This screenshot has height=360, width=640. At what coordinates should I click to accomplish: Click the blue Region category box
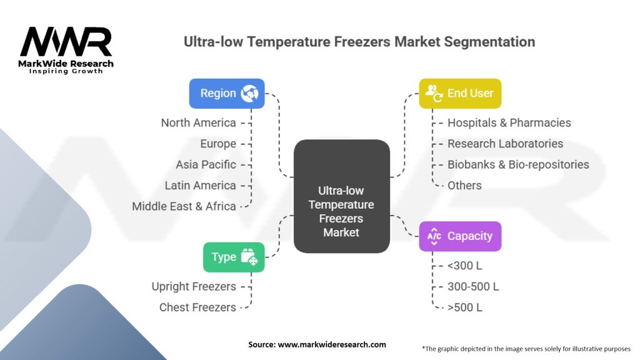pyautogui.click(x=226, y=94)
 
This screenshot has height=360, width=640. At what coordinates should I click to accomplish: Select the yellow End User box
pyautogui.click(x=460, y=94)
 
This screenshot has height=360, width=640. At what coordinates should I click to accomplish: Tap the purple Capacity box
pyautogui.click(x=460, y=236)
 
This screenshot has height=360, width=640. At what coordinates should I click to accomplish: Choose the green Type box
pyautogui.click(x=234, y=257)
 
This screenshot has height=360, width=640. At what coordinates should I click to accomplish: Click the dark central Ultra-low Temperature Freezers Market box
pyautogui.click(x=342, y=196)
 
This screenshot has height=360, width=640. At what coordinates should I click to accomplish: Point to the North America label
pyautogui.click(x=198, y=123)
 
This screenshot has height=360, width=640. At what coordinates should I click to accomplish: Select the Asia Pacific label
pyautogui.click(x=206, y=164)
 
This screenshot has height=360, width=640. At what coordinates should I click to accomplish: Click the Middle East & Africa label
pyautogui.click(x=184, y=206)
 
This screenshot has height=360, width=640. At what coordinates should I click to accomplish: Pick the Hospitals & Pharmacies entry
pyautogui.click(x=509, y=123)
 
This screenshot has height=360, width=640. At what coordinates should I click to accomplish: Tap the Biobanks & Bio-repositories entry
pyautogui.click(x=518, y=164)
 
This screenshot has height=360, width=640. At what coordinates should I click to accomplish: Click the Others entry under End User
pyautogui.click(x=464, y=186)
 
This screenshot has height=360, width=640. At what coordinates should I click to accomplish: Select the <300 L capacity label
pyautogui.click(x=464, y=266)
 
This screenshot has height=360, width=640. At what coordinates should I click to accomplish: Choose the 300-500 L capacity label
pyautogui.click(x=473, y=286)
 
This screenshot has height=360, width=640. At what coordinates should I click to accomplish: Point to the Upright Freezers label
pyautogui.click(x=194, y=286)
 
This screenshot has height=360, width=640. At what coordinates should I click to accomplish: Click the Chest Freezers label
pyautogui.click(x=197, y=307)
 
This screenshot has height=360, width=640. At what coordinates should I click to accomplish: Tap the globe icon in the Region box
pyautogui.click(x=249, y=94)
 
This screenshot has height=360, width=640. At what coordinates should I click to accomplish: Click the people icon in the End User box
pyautogui.click(x=434, y=94)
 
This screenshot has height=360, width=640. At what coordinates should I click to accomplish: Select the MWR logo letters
pyautogui.click(x=66, y=42)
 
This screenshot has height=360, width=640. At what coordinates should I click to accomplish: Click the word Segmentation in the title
pyautogui.click(x=489, y=42)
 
